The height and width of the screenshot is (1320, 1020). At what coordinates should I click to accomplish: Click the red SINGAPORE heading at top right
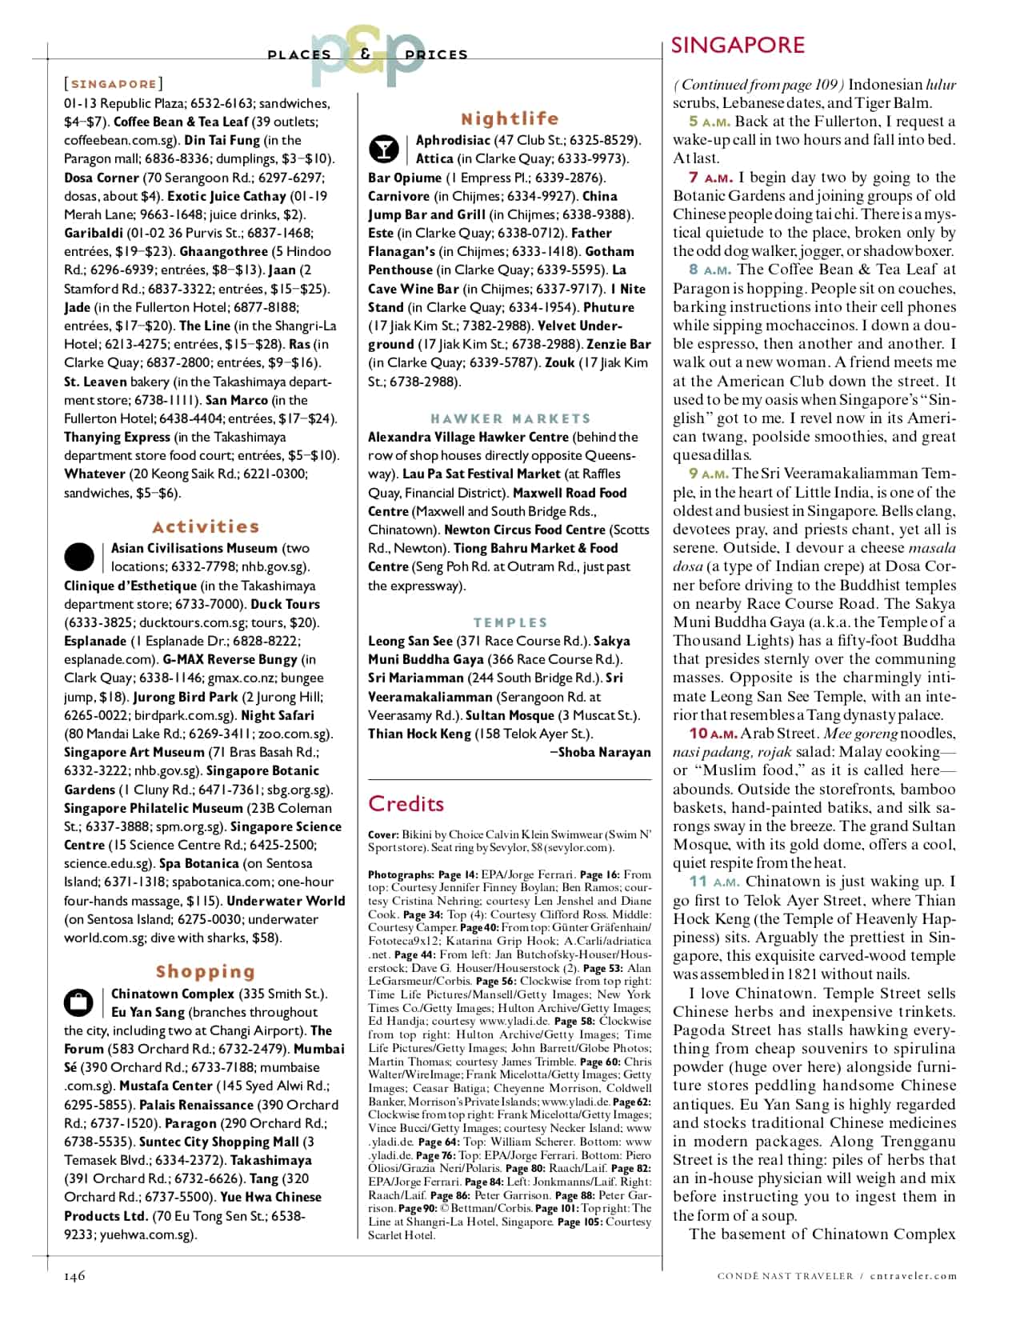(x=737, y=45)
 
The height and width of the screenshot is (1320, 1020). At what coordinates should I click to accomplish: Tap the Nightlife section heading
(x=510, y=118)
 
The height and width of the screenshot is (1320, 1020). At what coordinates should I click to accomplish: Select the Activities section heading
(x=206, y=526)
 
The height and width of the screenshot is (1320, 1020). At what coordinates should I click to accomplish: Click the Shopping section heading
(x=205, y=971)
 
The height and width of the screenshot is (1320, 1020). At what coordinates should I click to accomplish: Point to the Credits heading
(x=406, y=803)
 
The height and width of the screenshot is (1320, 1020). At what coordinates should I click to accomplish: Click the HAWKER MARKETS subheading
(x=510, y=418)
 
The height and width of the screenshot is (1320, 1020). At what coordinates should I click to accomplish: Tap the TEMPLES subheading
(x=510, y=622)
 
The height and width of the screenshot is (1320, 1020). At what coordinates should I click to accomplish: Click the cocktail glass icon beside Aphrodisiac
(x=383, y=149)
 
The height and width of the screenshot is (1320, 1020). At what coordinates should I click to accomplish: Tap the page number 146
(x=74, y=1276)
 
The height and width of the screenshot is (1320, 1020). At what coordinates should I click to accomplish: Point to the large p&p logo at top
(x=367, y=55)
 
